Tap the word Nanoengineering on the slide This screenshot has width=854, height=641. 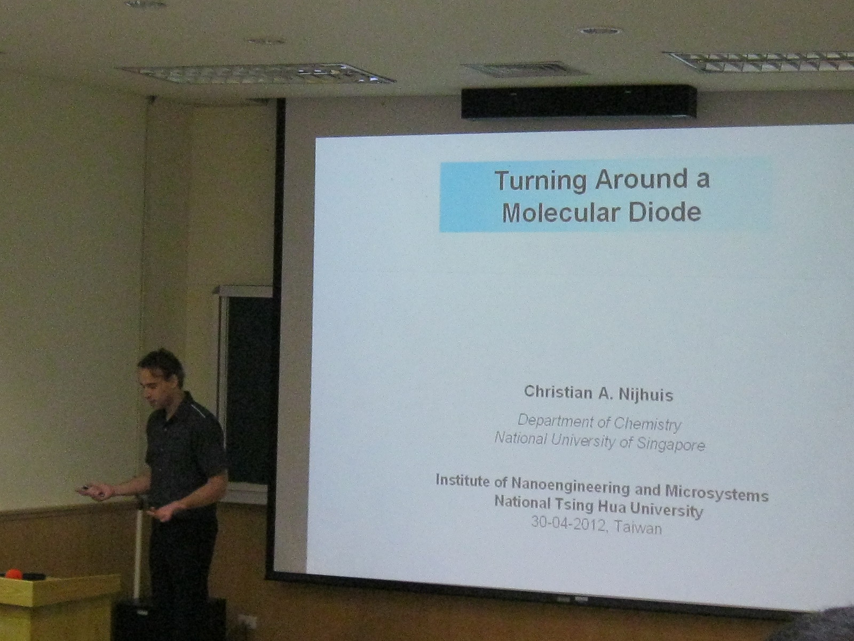tap(570, 488)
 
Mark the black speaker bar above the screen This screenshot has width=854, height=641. tap(579, 103)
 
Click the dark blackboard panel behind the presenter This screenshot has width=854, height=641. tap(249, 389)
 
